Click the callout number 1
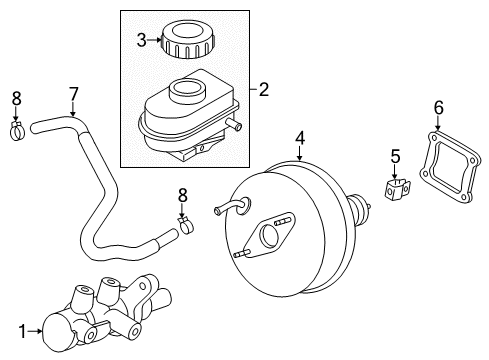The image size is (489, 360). (22, 332)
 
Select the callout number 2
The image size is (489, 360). (264, 90)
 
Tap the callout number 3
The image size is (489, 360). (142, 40)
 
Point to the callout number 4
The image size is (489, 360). (300, 138)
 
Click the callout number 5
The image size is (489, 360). (395, 156)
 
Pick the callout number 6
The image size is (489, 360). (439, 108)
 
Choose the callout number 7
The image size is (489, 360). (73, 94)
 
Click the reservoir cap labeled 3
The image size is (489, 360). (188, 39)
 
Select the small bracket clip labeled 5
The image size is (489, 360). (397, 190)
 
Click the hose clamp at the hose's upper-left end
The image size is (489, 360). (17, 131)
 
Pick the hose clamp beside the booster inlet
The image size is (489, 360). (187, 225)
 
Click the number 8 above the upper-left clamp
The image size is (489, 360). (16, 99)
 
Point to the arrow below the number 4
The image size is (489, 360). (300, 153)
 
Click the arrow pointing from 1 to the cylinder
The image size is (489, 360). (35, 331)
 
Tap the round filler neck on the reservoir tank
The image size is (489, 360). (186, 90)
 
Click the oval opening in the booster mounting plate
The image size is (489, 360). (270, 236)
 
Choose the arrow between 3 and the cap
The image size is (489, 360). (155, 40)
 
